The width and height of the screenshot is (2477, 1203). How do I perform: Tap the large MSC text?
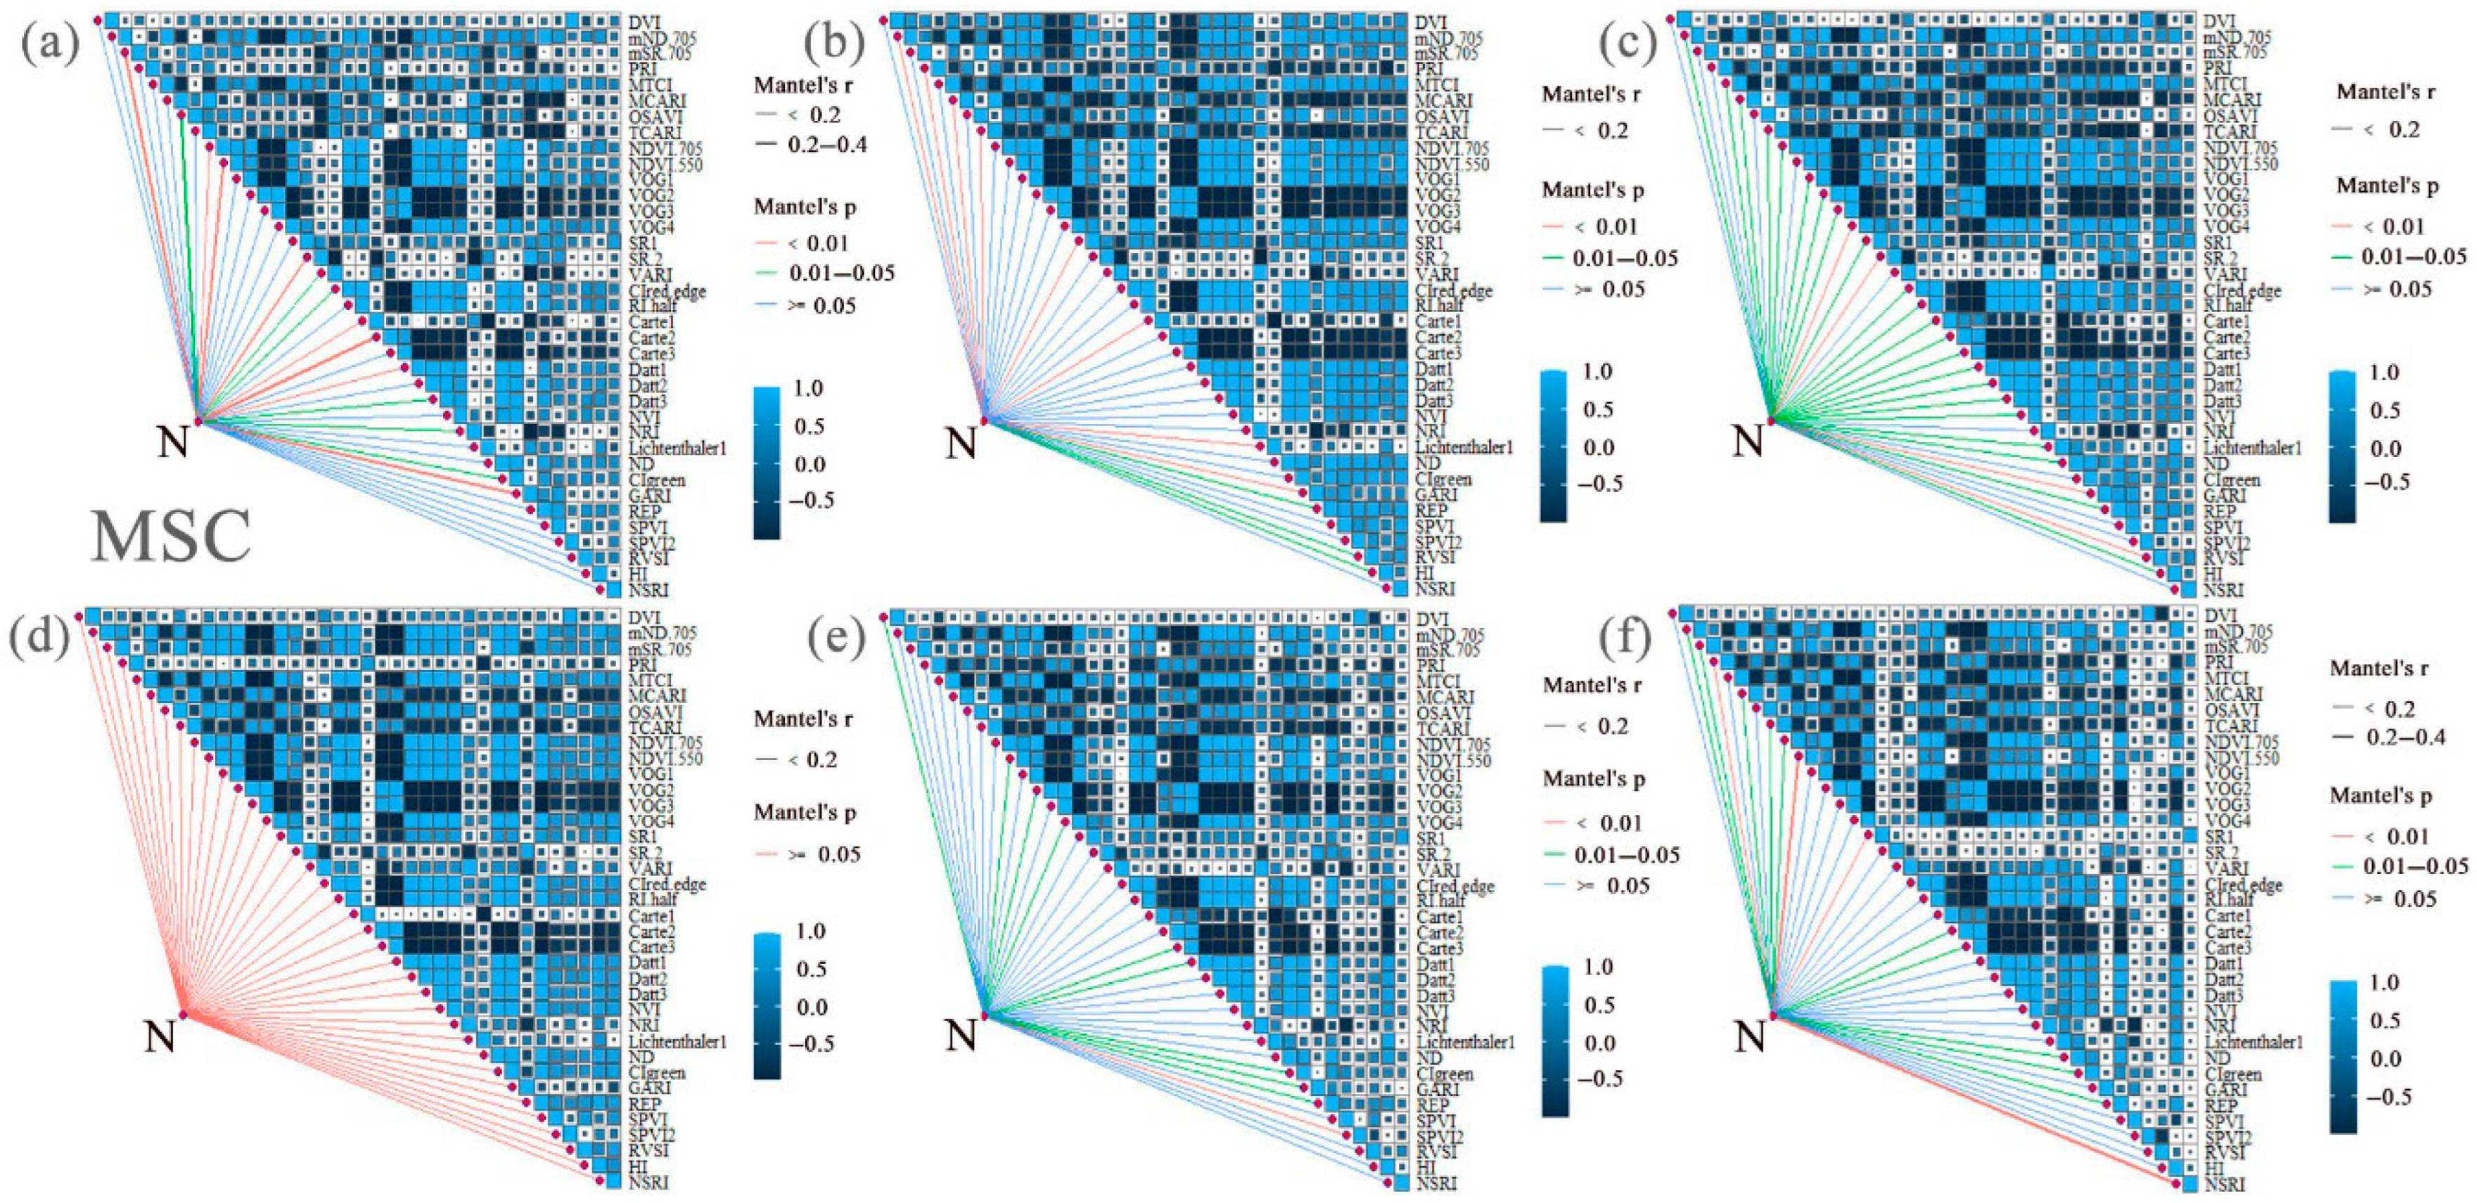click(171, 536)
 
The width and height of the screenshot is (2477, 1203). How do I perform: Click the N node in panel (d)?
click(159, 1036)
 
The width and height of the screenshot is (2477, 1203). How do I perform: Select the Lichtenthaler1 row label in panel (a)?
click(677, 448)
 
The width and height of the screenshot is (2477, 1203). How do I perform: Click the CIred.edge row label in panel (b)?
click(1453, 290)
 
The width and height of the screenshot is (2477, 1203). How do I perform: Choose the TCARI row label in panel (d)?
click(655, 728)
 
